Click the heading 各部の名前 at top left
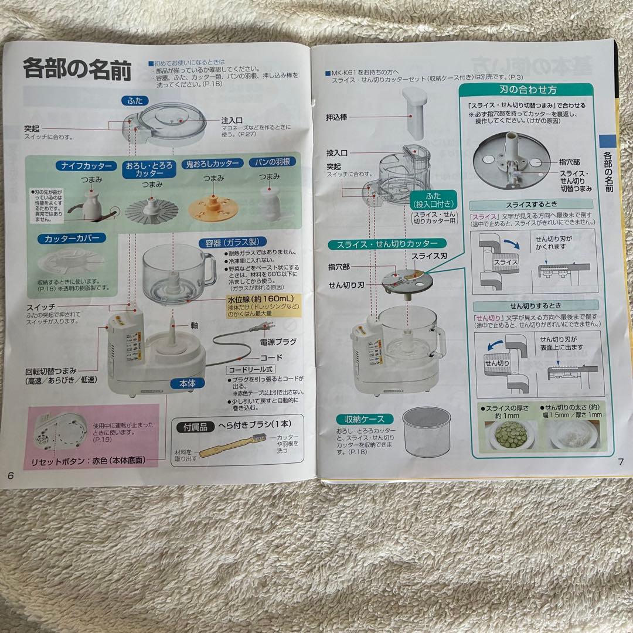point(77,69)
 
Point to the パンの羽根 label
point(270,162)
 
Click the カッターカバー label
point(72,239)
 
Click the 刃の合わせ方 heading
point(533,90)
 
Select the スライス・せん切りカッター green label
point(386,243)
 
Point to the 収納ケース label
point(360,419)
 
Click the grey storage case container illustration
point(426,434)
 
